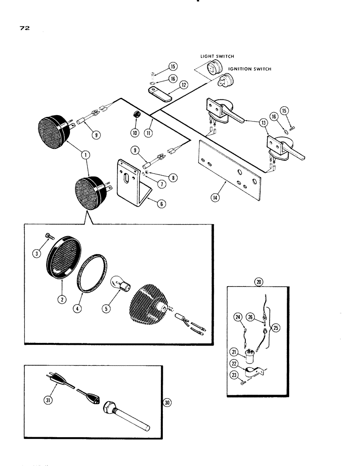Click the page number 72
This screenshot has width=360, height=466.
(25, 28)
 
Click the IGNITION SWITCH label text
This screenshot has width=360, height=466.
(249, 69)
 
